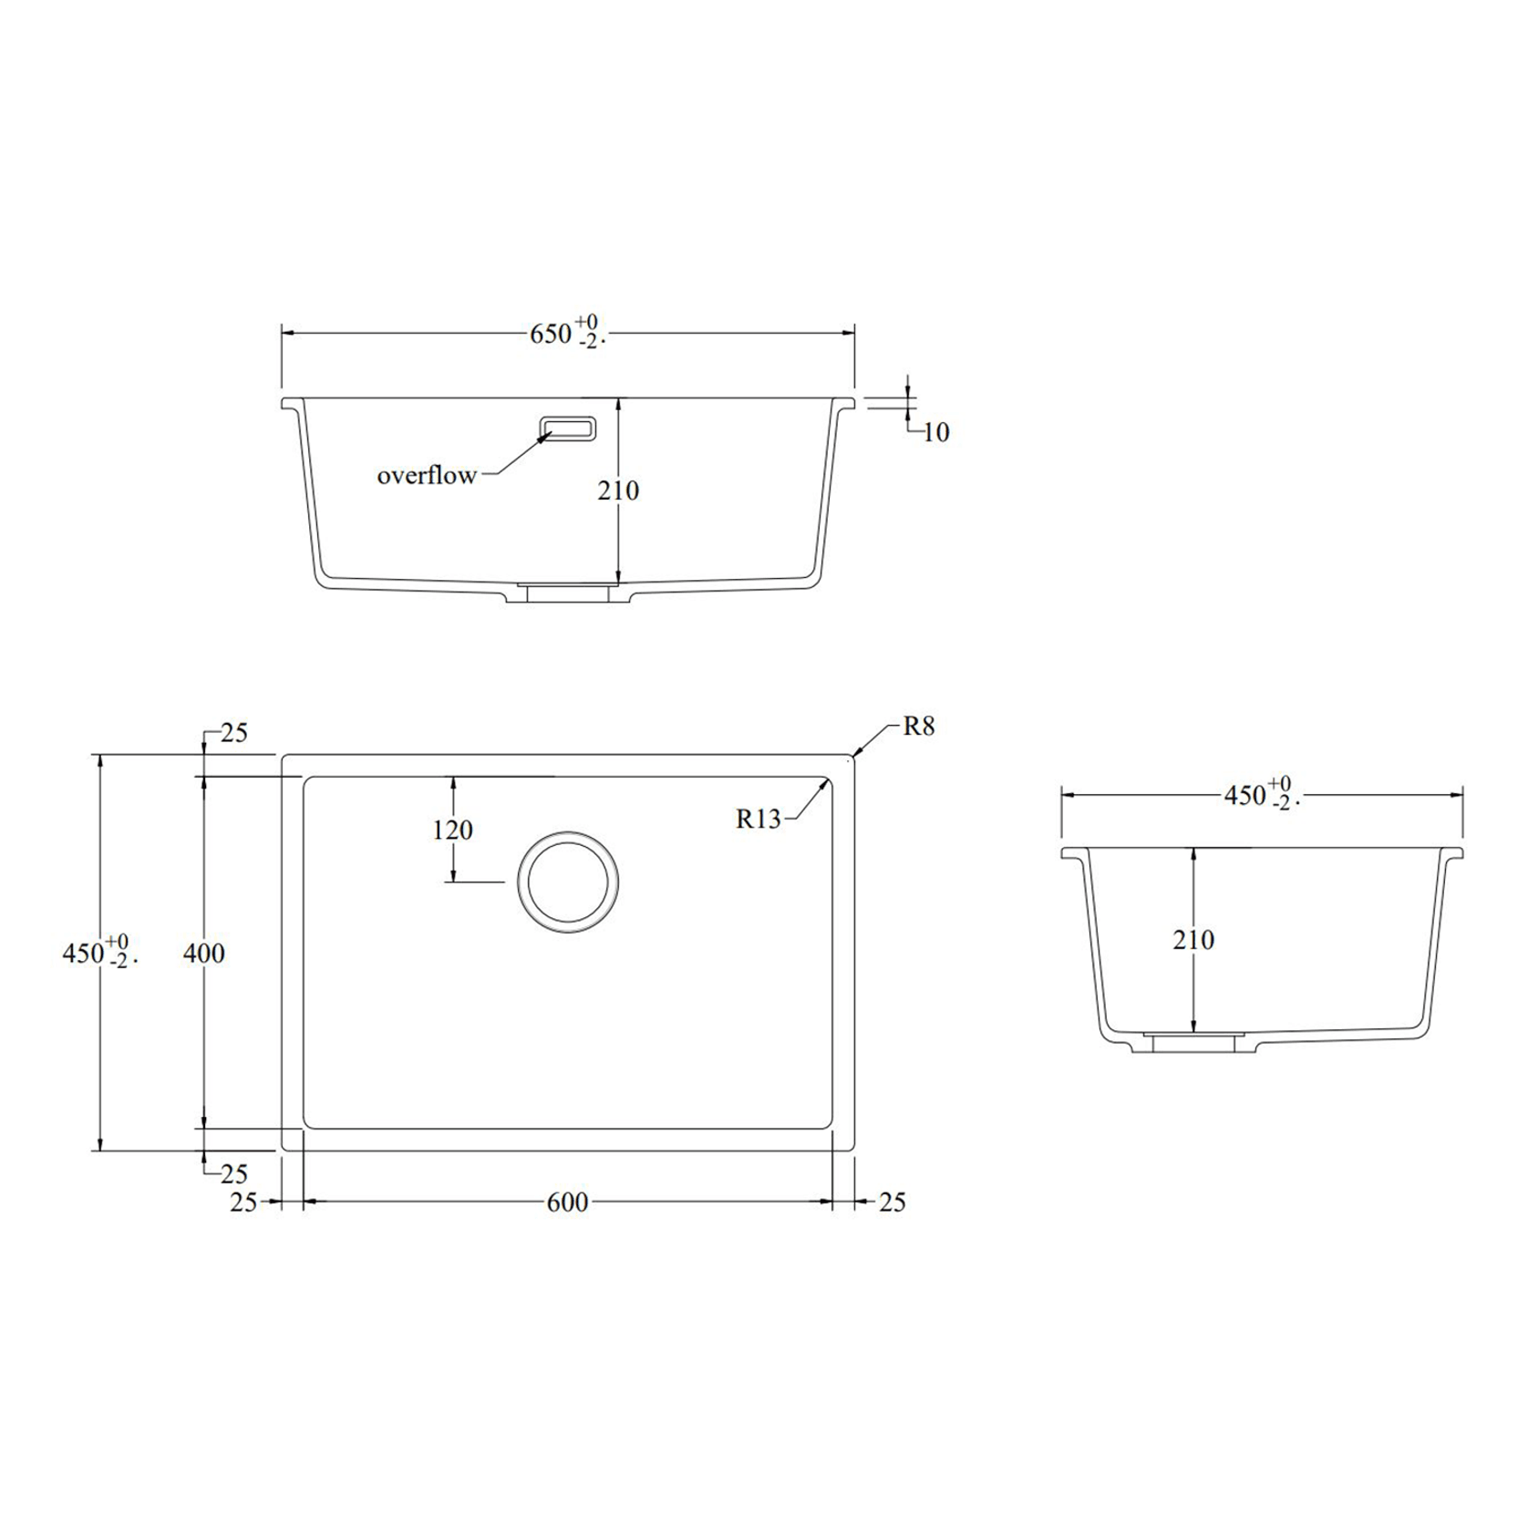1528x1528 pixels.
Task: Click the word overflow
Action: [x=427, y=475]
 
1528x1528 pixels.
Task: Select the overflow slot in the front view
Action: [x=568, y=428]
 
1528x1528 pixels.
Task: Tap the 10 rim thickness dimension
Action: [x=936, y=432]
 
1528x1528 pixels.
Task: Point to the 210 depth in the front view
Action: [x=618, y=490]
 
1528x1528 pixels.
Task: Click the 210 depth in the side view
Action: [x=1193, y=939]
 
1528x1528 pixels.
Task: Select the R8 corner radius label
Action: [x=919, y=727]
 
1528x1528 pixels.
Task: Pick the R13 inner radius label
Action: [x=759, y=820]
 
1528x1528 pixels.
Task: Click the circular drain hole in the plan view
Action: [x=568, y=883]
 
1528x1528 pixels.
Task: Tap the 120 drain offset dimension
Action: [x=453, y=830]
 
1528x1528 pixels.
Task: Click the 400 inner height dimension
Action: [x=204, y=954]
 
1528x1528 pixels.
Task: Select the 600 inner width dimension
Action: [x=567, y=1203]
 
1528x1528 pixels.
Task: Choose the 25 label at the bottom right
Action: [x=893, y=1203]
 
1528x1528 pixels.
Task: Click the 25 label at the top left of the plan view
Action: [x=234, y=733]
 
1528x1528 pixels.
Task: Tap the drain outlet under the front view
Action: [x=568, y=593]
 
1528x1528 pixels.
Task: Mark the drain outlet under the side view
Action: [x=1194, y=1042]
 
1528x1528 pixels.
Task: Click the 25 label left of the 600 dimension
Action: [x=243, y=1203]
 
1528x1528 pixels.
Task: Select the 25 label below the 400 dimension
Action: [x=234, y=1173]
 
